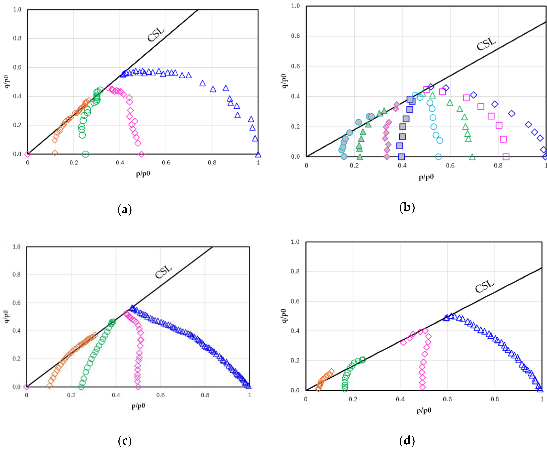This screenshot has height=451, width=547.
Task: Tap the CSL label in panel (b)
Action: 486,44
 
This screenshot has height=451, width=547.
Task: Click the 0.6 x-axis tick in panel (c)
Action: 160,395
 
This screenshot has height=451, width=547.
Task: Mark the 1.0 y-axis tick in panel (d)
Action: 295,242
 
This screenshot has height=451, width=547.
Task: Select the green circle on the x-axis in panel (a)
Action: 85,154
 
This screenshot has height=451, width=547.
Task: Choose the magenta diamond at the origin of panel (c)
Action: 27,387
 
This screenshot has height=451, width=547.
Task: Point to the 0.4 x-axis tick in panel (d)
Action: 400,399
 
